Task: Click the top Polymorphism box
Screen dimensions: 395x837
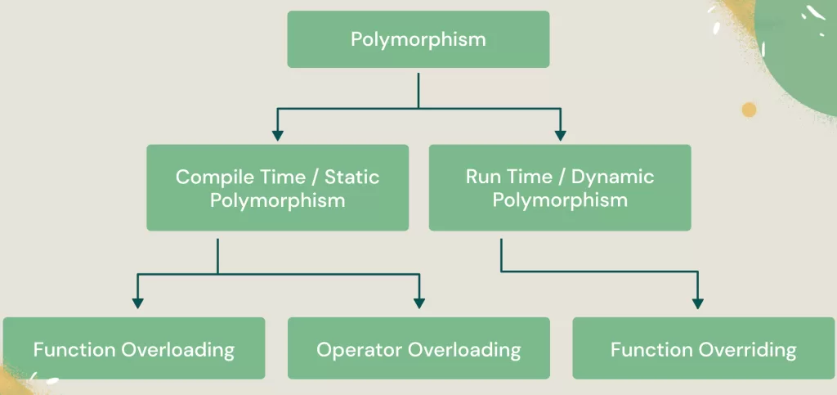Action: point(418,39)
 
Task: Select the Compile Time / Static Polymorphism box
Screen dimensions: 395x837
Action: point(277,188)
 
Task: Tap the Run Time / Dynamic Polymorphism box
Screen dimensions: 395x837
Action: point(559,188)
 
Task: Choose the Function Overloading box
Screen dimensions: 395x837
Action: point(133,349)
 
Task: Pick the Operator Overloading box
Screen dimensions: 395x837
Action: point(418,349)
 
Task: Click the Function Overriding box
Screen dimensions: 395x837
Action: point(703,349)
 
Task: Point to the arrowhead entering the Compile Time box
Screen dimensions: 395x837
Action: point(277,135)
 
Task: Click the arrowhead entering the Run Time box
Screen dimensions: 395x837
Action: point(560,135)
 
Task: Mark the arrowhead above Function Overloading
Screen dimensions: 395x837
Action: point(137,303)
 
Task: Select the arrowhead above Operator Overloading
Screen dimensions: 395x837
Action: point(419,303)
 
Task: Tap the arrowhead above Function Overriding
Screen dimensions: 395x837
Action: point(697,303)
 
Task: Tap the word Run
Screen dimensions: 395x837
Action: point(482,177)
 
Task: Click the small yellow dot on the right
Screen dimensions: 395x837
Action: point(749,110)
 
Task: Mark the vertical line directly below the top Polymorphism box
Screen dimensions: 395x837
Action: point(418,90)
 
